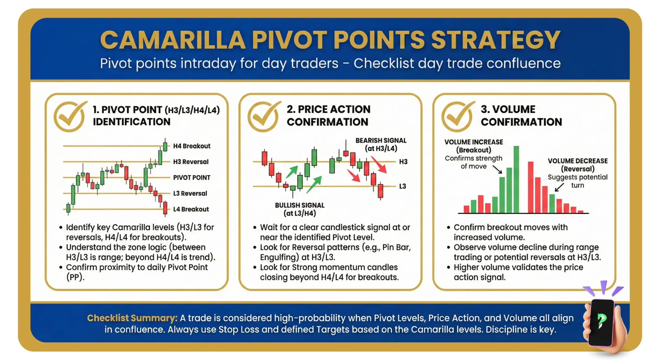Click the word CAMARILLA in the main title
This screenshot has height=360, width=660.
click(x=173, y=40)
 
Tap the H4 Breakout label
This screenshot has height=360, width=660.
click(x=192, y=146)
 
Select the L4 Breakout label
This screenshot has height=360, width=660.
click(x=191, y=209)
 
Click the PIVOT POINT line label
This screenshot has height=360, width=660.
click(x=192, y=177)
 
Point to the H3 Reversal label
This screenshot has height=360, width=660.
click(x=191, y=162)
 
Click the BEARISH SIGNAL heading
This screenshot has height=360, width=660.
click(x=381, y=141)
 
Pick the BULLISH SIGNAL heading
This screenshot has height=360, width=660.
click(x=300, y=205)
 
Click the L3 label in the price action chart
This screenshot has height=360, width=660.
click(x=402, y=186)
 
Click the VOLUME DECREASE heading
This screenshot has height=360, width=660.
click(x=577, y=161)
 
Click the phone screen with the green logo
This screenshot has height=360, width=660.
click(x=601, y=322)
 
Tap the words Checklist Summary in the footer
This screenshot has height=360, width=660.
click(x=132, y=318)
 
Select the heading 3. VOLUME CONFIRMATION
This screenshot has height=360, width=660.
click(x=521, y=116)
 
